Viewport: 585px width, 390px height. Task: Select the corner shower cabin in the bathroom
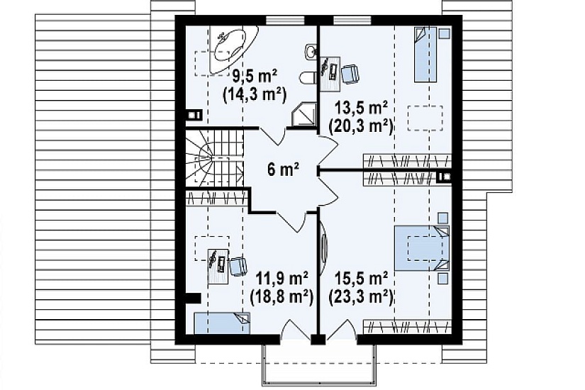pos(304,116)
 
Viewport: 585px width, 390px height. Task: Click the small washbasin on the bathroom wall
pos(311,52)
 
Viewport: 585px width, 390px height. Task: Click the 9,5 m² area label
pos(255,78)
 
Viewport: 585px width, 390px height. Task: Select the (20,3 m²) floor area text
pos(360,126)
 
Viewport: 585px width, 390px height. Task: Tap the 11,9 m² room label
pos(282,279)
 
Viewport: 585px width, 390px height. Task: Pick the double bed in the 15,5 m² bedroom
pos(423,248)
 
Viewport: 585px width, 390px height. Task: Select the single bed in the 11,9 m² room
pos(222,323)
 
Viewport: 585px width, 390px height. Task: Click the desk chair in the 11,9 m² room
pos(238,266)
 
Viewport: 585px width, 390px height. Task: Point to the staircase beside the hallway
pos(214,157)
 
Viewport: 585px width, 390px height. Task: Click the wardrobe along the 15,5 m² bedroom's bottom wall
pos(408,327)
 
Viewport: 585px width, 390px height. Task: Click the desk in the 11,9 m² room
pos(218,266)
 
